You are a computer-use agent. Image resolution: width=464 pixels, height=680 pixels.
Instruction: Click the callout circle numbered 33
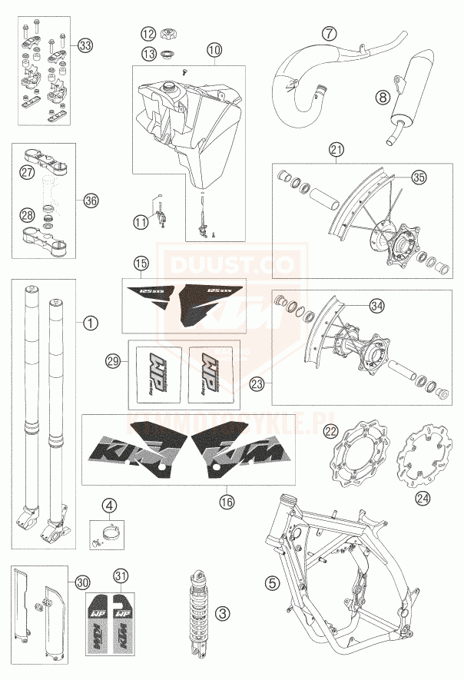85,45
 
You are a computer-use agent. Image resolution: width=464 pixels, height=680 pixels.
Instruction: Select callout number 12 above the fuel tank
147,34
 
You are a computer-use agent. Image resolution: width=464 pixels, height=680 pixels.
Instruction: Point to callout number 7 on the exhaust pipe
329,34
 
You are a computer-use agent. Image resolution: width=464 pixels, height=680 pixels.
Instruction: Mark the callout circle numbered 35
418,177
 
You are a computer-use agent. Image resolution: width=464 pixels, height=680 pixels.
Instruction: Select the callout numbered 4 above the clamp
111,505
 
